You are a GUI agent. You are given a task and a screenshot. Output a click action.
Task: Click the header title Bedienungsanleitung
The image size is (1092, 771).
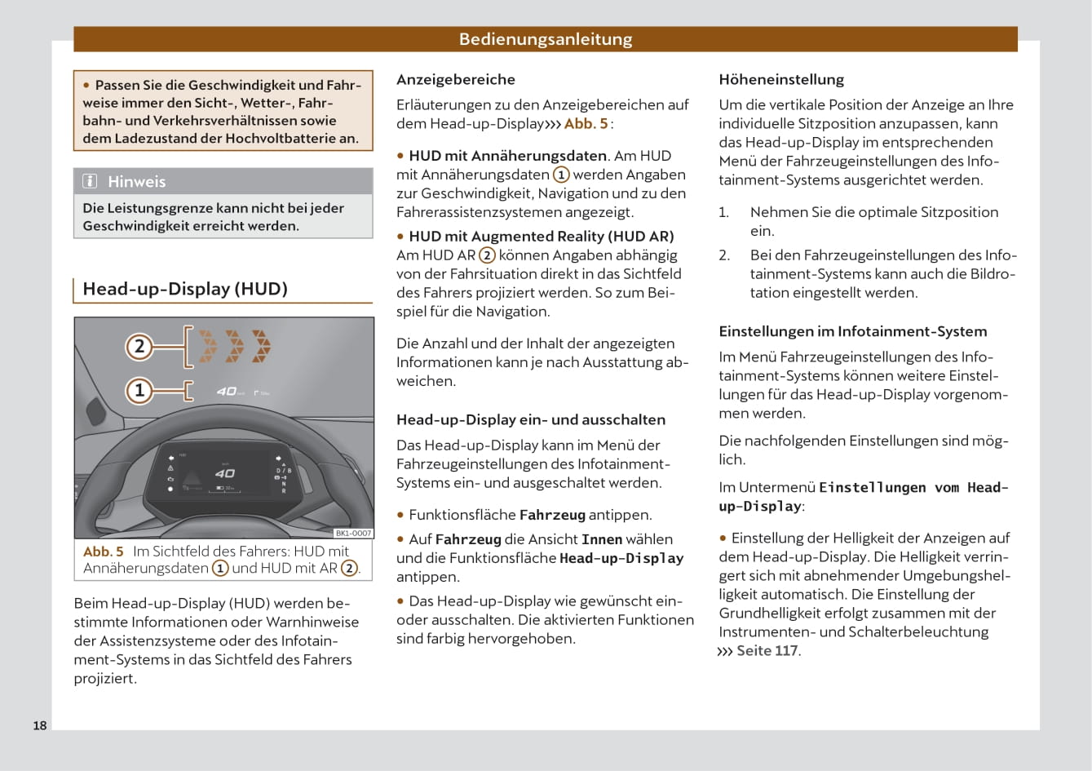[545, 39]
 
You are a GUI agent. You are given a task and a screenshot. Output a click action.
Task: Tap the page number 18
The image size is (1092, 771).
[40, 725]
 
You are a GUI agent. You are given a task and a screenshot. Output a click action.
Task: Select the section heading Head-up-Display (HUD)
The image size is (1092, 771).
[185, 289]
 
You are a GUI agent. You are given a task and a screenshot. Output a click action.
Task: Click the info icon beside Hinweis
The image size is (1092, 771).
[91, 181]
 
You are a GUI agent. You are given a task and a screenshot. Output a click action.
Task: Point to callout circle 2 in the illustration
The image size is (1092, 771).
[139, 346]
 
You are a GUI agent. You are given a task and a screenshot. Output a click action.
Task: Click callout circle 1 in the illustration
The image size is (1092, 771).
[139, 391]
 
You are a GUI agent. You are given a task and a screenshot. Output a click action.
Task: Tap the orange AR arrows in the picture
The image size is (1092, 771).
[235, 346]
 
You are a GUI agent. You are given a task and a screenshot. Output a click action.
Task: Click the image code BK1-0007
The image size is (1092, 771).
[353, 533]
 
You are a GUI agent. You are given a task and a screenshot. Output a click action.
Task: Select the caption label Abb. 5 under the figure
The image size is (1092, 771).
[104, 552]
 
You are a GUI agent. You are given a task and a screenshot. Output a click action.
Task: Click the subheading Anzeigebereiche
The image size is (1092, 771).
[455, 80]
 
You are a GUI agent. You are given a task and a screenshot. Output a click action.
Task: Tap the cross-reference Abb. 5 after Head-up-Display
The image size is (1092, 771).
[586, 124]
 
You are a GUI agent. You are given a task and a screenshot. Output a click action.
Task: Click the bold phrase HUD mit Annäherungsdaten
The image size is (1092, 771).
[507, 156]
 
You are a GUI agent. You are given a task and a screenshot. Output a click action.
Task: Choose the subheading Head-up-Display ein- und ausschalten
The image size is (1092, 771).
[530, 420]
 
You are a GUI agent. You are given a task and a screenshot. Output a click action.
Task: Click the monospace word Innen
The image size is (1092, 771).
[601, 539]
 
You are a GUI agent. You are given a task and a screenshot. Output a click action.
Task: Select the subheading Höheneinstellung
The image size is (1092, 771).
[780, 80]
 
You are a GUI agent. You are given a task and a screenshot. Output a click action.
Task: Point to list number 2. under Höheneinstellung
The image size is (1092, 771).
[724, 255]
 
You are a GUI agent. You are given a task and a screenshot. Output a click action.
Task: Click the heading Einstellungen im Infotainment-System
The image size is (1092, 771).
[852, 332]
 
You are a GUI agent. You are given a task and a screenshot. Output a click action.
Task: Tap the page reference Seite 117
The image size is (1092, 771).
[767, 651]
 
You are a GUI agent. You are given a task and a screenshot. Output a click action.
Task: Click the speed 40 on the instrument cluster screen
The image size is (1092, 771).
[224, 473]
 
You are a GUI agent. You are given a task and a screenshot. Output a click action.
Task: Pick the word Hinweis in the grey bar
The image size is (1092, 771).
[136, 181]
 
